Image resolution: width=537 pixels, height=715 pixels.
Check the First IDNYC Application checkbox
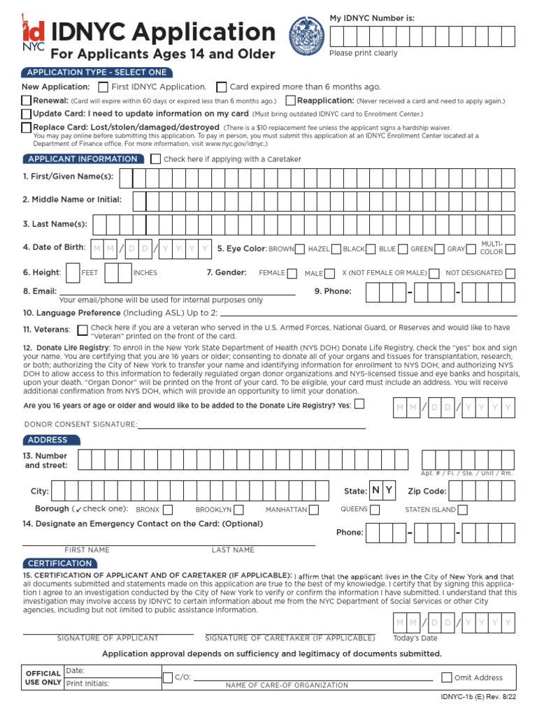[x=103, y=87]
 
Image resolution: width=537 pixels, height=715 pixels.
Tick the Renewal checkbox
[x=27, y=101]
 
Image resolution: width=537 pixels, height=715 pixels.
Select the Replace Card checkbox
[x=27, y=127]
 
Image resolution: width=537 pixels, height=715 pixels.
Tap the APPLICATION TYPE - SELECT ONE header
[x=96, y=73]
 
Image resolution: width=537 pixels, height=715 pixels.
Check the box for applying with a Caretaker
[x=155, y=159]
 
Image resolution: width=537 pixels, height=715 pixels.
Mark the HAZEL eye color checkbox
[x=336, y=249]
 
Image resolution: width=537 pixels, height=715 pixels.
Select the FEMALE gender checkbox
[x=292, y=273]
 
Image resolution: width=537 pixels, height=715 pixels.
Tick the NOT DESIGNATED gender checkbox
[x=510, y=273]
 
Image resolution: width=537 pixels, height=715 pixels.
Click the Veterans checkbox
[x=83, y=330]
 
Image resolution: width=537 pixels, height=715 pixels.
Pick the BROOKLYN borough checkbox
[x=238, y=510]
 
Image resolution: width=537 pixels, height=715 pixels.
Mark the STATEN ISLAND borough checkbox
[x=462, y=510]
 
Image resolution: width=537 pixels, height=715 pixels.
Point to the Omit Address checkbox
[x=447, y=677]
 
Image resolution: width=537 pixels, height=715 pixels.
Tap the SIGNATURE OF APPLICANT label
[x=108, y=638]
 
